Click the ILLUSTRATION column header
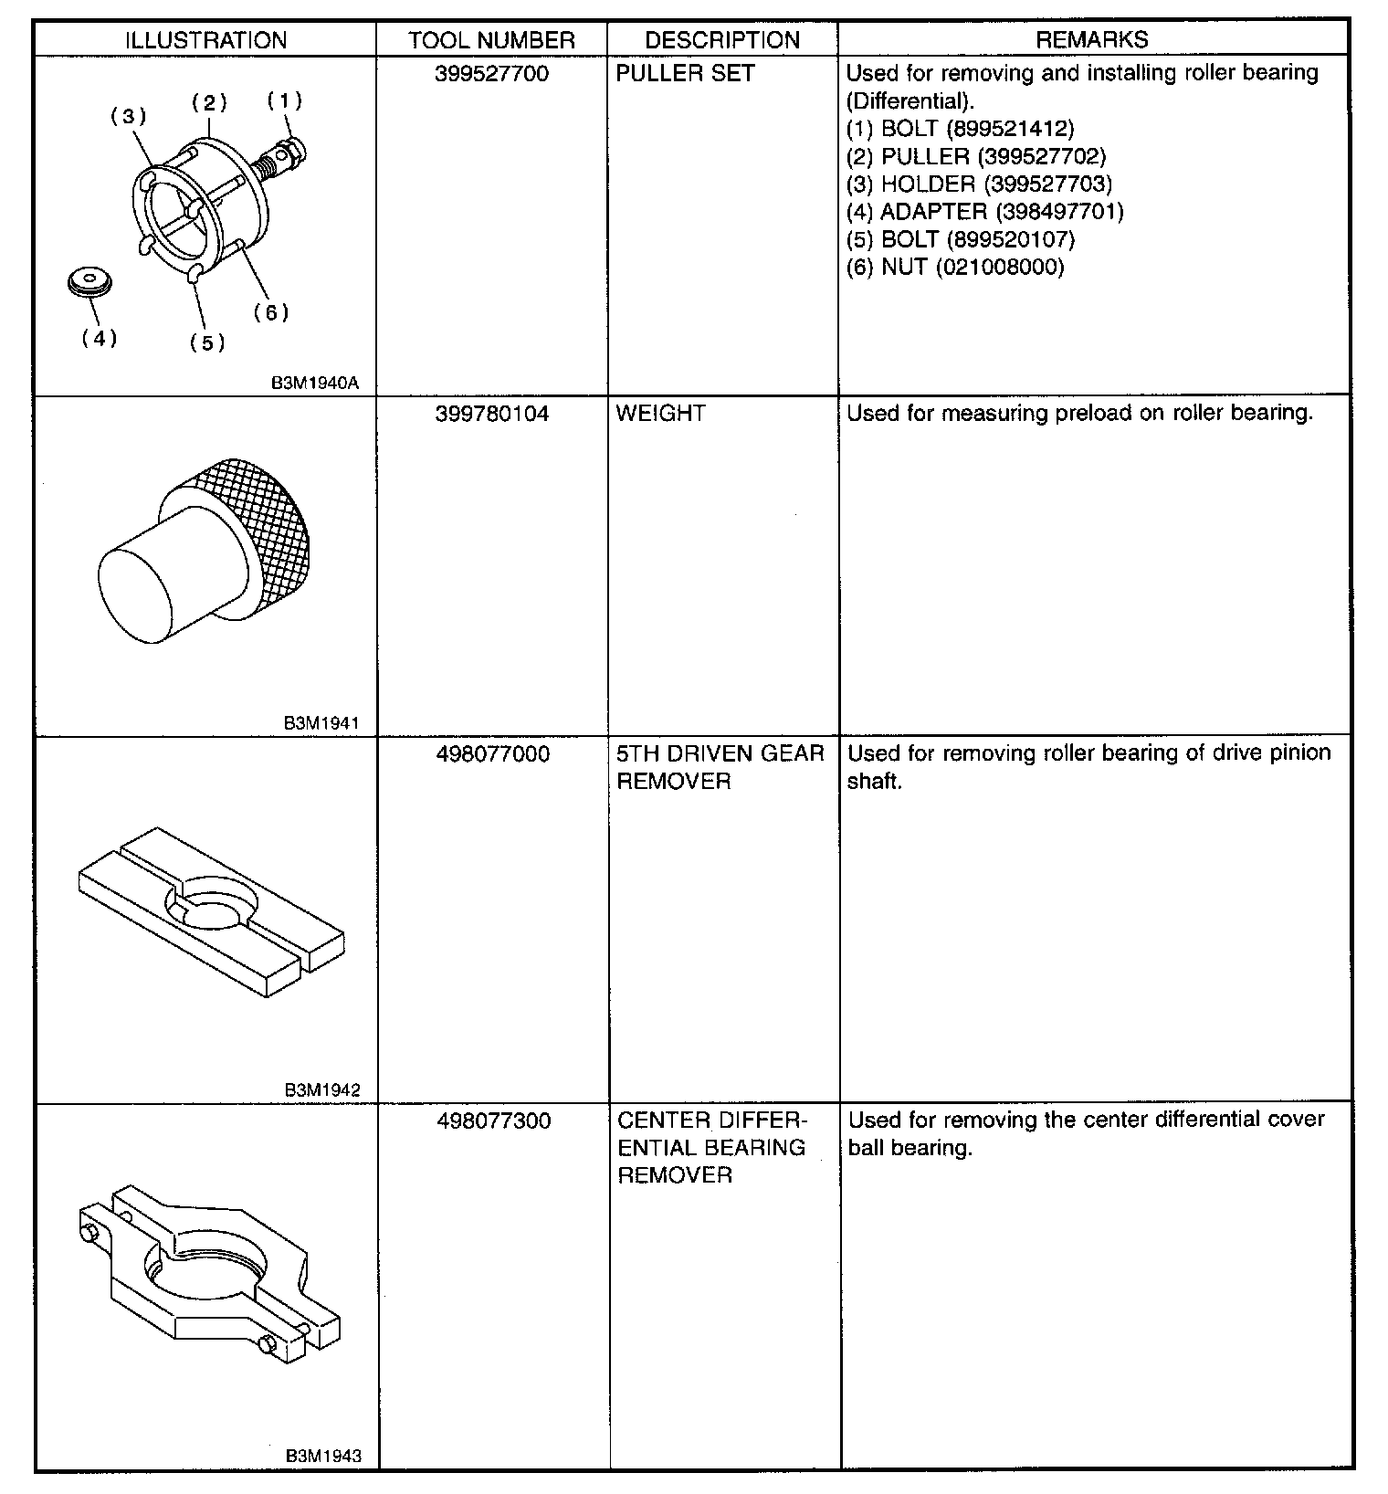click(205, 40)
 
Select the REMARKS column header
click(1092, 39)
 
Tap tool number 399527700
click(492, 74)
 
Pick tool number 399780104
click(492, 414)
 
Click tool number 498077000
click(493, 754)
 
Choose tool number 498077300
click(493, 1120)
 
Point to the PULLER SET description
click(685, 74)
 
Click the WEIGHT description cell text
click(660, 414)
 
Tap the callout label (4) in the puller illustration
click(100, 338)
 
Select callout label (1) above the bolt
click(284, 100)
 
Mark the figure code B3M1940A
click(315, 384)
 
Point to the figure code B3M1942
click(321, 1089)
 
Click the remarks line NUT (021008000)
click(955, 268)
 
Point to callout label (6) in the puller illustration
click(271, 312)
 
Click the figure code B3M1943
click(322, 1457)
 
